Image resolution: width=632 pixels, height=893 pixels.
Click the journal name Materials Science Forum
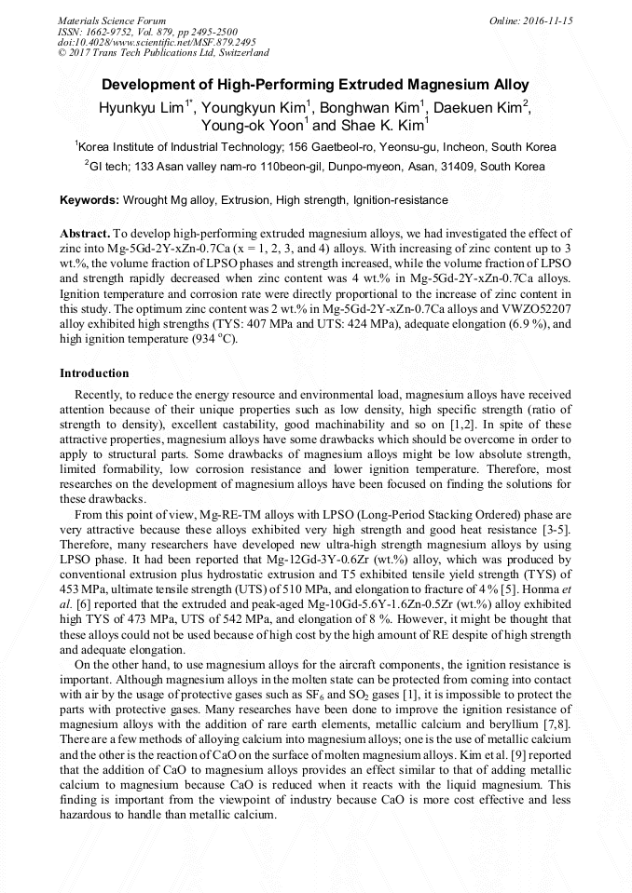[x=112, y=20]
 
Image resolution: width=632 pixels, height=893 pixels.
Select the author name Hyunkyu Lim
[x=144, y=107]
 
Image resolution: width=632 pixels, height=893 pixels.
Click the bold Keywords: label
[x=89, y=200]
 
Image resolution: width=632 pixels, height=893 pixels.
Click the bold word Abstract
[x=85, y=233]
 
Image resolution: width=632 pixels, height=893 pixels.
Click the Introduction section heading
[x=94, y=373]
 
